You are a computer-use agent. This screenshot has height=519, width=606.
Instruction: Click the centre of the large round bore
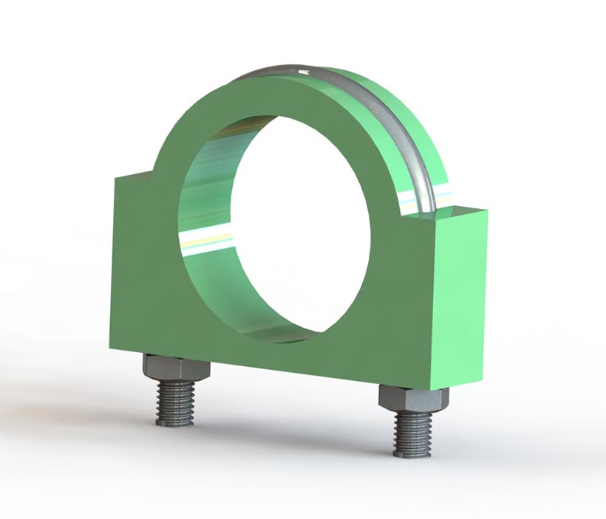point(296,221)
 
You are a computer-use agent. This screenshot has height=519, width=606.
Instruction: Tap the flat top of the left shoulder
point(133,175)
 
